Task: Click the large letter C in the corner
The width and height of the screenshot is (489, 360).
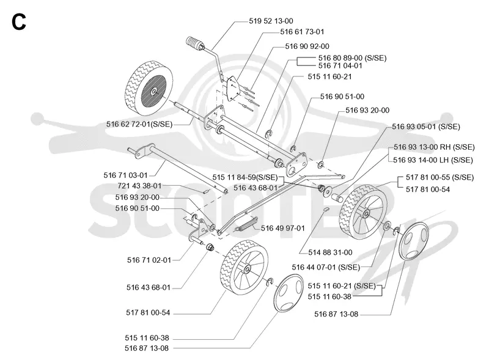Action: click(x=19, y=23)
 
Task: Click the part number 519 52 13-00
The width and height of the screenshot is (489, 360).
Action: click(x=271, y=21)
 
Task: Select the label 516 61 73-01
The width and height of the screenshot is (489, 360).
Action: click(x=302, y=32)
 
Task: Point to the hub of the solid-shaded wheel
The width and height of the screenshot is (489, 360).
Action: click(x=154, y=92)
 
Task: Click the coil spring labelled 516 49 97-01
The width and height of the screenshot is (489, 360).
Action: click(x=247, y=224)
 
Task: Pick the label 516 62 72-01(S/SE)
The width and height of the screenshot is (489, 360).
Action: click(x=139, y=124)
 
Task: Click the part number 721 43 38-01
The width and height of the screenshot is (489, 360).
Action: click(x=139, y=186)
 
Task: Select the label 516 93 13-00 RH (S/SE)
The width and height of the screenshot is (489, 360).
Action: click(x=434, y=147)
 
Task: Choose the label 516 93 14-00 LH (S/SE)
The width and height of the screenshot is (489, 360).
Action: click(x=433, y=160)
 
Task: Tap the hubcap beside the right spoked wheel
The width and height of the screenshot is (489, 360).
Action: click(x=414, y=241)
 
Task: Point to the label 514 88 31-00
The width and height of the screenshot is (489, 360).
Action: click(x=330, y=252)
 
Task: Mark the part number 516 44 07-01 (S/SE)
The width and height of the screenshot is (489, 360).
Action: click(x=326, y=267)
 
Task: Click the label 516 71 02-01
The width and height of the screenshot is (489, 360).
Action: click(x=149, y=260)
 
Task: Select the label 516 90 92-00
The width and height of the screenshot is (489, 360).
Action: click(x=307, y=46)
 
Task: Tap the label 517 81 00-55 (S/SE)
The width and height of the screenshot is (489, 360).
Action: click(x=439, y=177)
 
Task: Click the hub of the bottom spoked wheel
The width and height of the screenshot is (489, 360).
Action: click(x=248, y=269)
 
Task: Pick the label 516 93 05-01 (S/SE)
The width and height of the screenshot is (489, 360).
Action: click(x=426, y=127)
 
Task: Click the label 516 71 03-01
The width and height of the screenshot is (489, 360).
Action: click(x=125, y=175)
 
